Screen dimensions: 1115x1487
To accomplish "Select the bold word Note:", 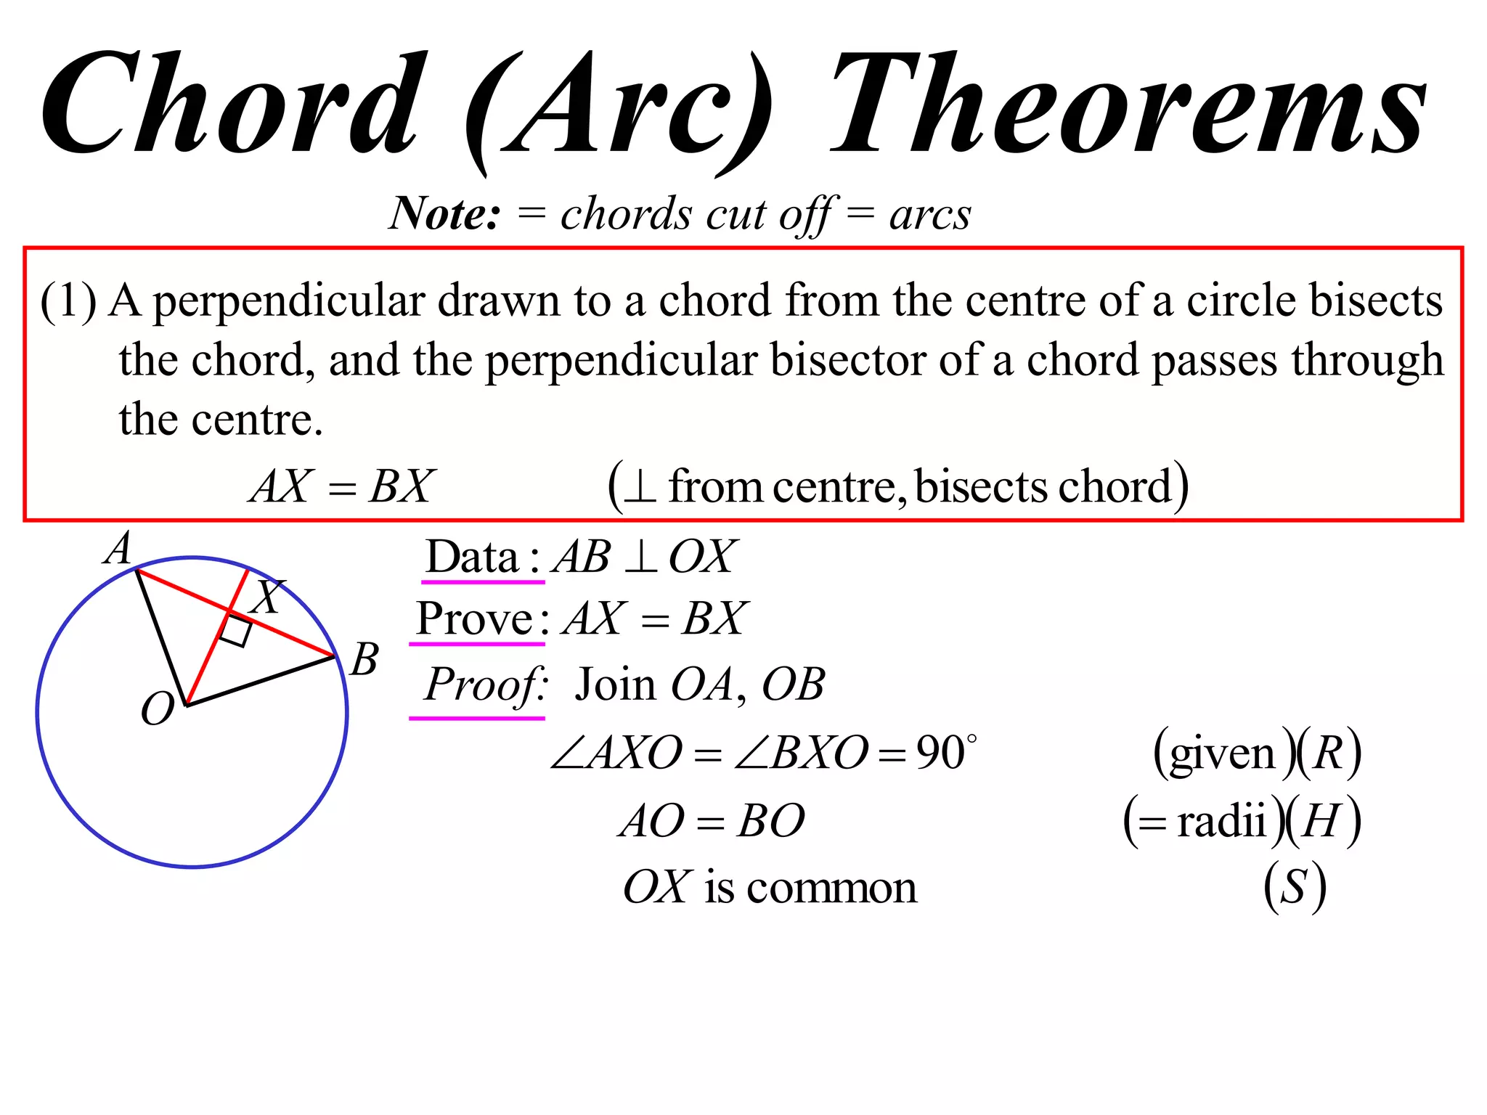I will (x=444, y=214).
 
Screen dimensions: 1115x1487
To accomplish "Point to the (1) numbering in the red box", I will (x=68, y=301).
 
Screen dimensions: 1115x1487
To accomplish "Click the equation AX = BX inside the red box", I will (x=342, y=486).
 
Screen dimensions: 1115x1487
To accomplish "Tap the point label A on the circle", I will (x=118, y=548).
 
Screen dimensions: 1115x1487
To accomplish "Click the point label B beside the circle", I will (x=364, y=660).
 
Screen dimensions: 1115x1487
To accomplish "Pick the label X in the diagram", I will (x=266, y=597).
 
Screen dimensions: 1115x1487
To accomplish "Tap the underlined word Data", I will (x=472, y=557).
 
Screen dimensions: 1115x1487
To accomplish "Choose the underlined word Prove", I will (x=476, y=618).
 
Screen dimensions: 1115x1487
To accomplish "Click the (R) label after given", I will (x=1329, y=753).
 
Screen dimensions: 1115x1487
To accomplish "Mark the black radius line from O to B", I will (x=261, y=681).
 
